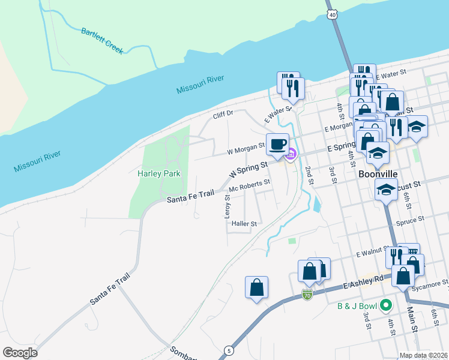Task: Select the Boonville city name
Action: pyautogui.click(x=378, y=173)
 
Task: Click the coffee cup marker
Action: pyautogui.click(x=277, y=145)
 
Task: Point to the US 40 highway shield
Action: pyautogui.click(x=332, y=14)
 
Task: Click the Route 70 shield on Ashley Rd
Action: pyautogui.click(x=307, y=295)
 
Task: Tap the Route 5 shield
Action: pyautogui.click(x=228, y=350)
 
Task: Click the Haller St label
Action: pyautogui.click(x=244, y=224)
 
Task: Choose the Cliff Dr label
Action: pyautogui.click(x=222, y=114)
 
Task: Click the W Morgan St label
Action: pyautogui.click(x=246, y=146)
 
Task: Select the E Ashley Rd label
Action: pyautogui.click(x=363, y=281)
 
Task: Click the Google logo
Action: pyautogui.click(x=20, y=352)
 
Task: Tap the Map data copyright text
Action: pyautogui.click(x=424, y=355)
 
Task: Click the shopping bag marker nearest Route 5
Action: pyautogui.click(x=257, y=287)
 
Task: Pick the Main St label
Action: pyautogui.click(x=412, y=319)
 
